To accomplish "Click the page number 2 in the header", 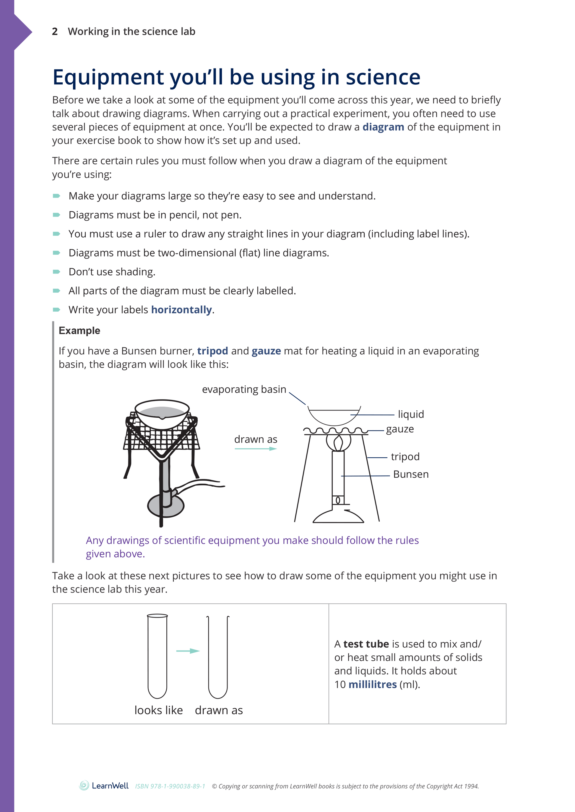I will click(55, 32).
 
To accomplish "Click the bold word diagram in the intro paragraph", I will click(383, 127).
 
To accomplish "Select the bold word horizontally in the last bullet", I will click(181, 310).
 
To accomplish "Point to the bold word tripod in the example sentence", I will click(212, 351).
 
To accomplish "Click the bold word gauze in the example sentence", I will click(266, 351).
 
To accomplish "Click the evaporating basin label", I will click(244, 389).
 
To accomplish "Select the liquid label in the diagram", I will click(411, 414).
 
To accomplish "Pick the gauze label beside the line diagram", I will click(400, 429).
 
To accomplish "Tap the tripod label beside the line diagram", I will click(405, 456).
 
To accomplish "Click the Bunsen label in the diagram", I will click(411, 474).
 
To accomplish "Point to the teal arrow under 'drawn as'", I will click(256, 449).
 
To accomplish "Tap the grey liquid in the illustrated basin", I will click(162, 411).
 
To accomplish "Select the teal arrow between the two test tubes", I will click(188, 651).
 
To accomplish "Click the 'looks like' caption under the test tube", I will click(159, 710).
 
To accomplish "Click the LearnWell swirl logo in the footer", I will click(84, 785).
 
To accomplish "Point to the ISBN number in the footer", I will click(170, 786).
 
